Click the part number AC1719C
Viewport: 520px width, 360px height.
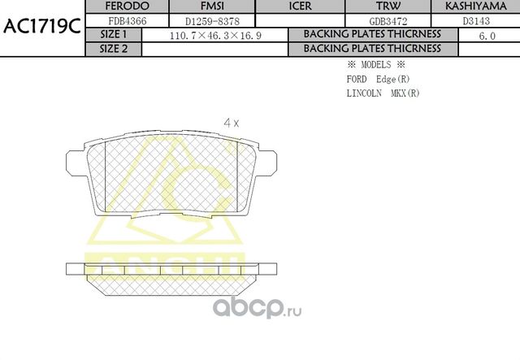pos(41,25)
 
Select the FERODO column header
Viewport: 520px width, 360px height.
pos(128,7)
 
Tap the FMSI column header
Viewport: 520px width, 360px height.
pos(212,7)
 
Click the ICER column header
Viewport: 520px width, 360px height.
pos(300,7)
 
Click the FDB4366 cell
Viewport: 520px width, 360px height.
pos(128,20)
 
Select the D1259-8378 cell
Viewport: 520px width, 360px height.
pos(212,20)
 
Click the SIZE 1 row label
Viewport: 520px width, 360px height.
pos(113,35)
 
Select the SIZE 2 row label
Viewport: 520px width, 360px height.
pos(113,49)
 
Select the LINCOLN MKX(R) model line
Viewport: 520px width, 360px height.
pos(383,93)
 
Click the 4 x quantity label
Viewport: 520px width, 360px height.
pos(232,123)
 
